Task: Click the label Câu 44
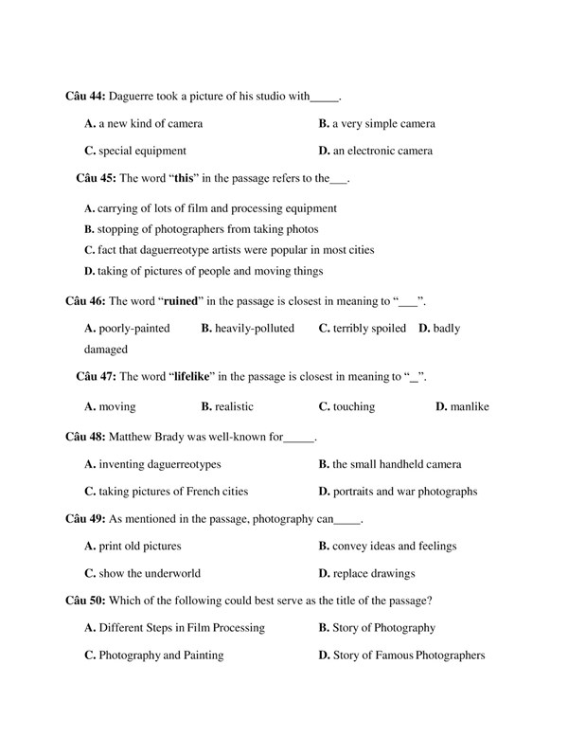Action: (86, 96)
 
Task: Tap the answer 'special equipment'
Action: (142, 151)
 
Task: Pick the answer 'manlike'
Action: (470, 406)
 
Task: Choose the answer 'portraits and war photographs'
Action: (404, 492)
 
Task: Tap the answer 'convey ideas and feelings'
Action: (394, 546)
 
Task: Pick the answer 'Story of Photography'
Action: (383, 627)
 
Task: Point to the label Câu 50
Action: (86, 601)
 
